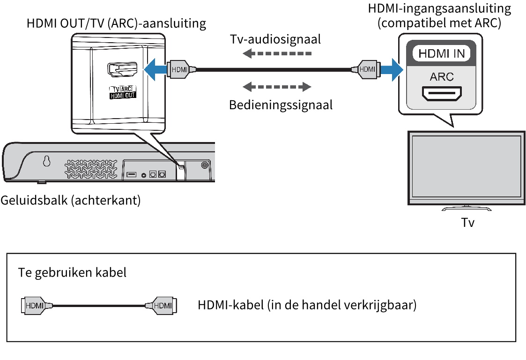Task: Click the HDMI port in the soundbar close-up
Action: (x=122, y=70)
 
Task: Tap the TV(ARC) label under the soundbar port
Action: (x=122, y=89)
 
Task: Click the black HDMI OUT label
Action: (x=122, y=96)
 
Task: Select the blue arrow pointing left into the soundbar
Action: (x=153, y=70)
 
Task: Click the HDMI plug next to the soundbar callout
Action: (x=179, y=70)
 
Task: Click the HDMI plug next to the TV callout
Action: (x=367, y=70)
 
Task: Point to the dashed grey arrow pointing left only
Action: (x=277, y=53)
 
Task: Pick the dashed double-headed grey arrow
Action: (x=277, y=87)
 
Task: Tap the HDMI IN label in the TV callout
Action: (x=442, y=53)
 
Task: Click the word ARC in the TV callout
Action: (x=442, y=76)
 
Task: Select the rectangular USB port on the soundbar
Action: (x=131, y=174)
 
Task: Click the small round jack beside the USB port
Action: (x=143, y=175)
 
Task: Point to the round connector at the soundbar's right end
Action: (x=205, y=165)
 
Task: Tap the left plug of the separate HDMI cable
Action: (x=36, y=306)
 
